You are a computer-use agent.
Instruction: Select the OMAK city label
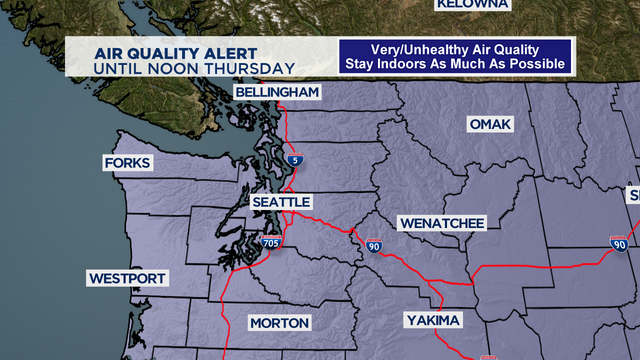(489, 124)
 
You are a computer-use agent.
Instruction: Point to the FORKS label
(126, 163)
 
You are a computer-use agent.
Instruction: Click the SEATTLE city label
(282, 202)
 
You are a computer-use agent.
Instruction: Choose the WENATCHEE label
(442, 222)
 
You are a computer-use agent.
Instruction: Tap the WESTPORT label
(127, 278)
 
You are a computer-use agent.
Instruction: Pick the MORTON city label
(279, 323)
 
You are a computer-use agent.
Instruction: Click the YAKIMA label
(434, 321)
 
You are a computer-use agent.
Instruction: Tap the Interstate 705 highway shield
(270, 242)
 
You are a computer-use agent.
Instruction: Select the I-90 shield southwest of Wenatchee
(371, 244)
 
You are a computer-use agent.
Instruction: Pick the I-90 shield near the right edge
(619, 243)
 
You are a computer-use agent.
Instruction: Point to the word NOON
(180, 68)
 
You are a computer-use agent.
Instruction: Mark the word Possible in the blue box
(537, 64)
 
